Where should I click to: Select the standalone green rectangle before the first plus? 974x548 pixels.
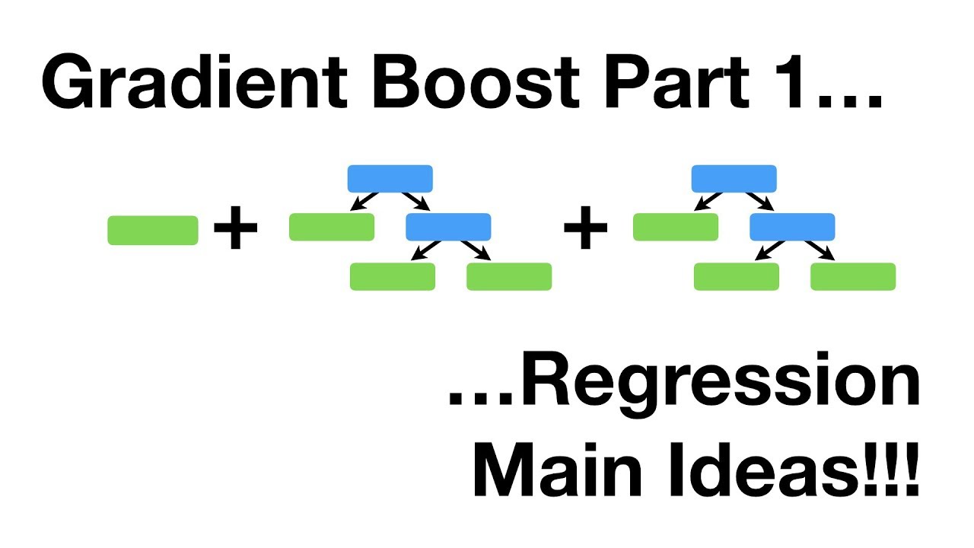click(153, 231)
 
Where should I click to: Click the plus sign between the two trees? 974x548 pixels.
click(586, 228)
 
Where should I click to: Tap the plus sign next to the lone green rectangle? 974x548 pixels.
click(236, 228)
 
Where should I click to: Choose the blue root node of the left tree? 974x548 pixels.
click(390, 179)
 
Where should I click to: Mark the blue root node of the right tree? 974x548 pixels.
click(734, 179)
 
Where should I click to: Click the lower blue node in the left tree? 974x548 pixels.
click(448, 227)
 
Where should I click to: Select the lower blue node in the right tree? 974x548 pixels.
click(792, 227)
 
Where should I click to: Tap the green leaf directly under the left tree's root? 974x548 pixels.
click(332, 227)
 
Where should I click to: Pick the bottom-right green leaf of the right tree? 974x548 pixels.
click(853, 277)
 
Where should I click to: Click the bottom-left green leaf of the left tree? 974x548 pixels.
click(393, 277)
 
